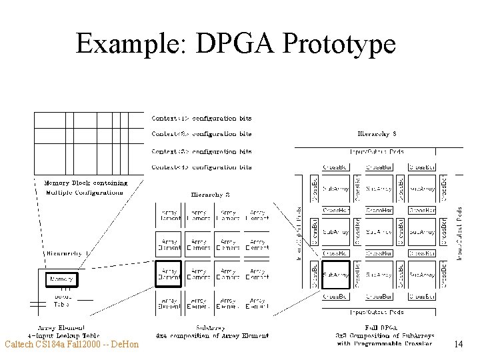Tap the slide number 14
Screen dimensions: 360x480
click(x=457, y=344)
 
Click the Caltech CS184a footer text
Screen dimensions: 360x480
click(x=71, y=344)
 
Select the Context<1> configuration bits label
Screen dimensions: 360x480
click(x=201, y=119)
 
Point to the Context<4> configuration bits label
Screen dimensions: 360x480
click(x=201, y=167)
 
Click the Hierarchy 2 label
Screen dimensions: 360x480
click(x=211, y=195)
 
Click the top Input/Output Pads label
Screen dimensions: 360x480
click(x=377, y=151)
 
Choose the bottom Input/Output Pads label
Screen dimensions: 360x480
click(x=377, y=311)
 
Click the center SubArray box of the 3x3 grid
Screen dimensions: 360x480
click(x=378, y=232)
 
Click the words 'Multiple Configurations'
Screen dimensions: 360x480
click(x=84, y=193)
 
